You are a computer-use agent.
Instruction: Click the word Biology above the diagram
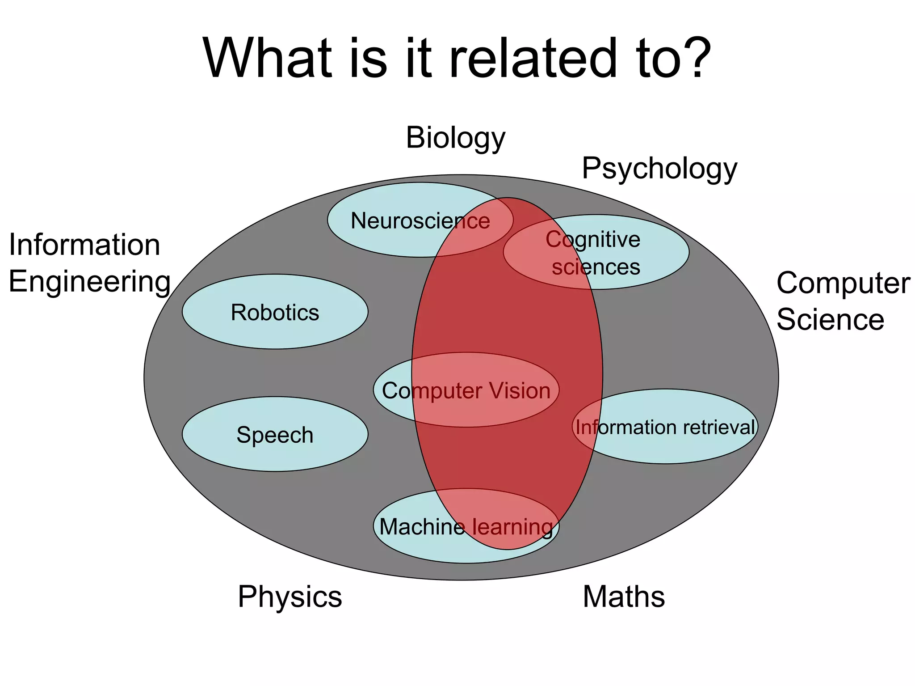[455, 138]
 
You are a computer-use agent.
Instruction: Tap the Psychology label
[659, 169]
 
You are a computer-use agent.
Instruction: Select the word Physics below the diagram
[290, 597]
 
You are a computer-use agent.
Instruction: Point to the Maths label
[624, 597]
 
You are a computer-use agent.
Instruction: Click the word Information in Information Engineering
[84, 245]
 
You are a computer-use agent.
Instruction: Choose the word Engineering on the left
[89, 282]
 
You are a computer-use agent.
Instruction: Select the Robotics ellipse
[275, 312]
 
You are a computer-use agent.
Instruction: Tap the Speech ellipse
[275, 435]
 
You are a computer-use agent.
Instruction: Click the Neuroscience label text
[420, 221]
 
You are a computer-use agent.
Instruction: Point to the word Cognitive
[593, 240]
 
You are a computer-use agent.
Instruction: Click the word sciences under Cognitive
[596, 267]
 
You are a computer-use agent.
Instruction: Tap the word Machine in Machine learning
[422, 527]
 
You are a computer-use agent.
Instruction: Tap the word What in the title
[268, 58]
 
